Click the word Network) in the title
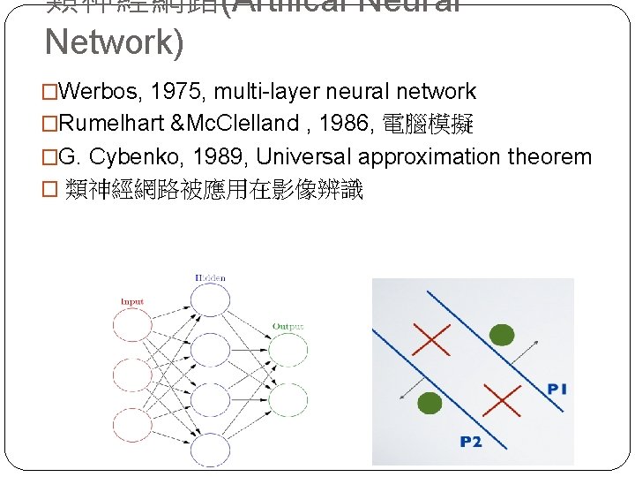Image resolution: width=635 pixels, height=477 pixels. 114,42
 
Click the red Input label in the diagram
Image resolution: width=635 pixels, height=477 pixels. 131,302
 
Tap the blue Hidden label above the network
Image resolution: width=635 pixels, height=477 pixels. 210,278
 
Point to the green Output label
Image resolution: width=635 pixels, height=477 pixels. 288,327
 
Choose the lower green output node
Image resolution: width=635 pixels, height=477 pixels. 288,399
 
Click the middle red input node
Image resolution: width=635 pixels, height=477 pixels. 132,376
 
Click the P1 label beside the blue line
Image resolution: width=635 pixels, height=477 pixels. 557,389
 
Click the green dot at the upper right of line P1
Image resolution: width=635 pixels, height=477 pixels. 501,335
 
